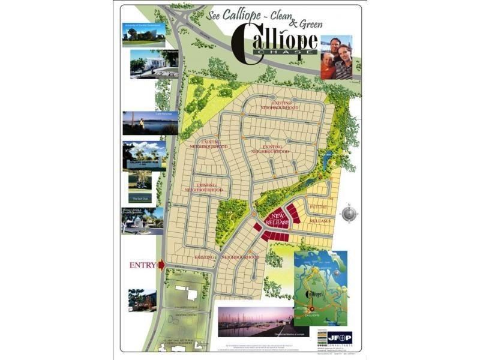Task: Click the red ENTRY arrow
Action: coord(161,265)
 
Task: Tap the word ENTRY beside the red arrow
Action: coord(143,265)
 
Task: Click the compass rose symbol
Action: coord(349,213)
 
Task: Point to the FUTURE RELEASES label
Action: coord(319,214)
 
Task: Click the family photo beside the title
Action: coord(336,58)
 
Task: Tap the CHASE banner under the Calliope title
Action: coord(285,52)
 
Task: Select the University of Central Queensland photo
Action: coord(144,34)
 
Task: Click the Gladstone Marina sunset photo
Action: coord(252,322)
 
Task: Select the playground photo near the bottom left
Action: coord(142,300)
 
